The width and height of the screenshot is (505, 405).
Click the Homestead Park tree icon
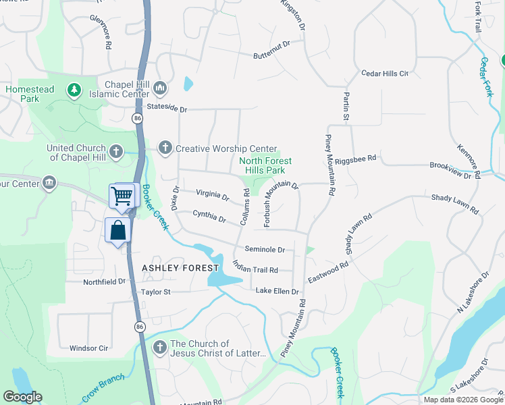coord(74,90)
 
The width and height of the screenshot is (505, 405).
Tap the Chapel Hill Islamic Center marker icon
coord(160,87)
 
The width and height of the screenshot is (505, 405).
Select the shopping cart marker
coord(122,196)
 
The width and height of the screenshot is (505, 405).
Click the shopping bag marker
coord(118,230)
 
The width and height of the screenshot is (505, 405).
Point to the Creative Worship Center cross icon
coord(165,148)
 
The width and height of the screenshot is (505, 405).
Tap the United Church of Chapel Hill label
coord(76,153)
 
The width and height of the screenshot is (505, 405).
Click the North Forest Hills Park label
coord(266,165)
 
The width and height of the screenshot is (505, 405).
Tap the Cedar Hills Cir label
coord(386,73)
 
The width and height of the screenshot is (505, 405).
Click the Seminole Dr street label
coord(265,249)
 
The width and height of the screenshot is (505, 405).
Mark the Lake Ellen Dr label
coord(277,291)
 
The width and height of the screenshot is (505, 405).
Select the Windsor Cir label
coord(89,348)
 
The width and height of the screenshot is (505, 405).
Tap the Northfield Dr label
coord(104,281)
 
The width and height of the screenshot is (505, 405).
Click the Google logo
coord(22,397)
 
